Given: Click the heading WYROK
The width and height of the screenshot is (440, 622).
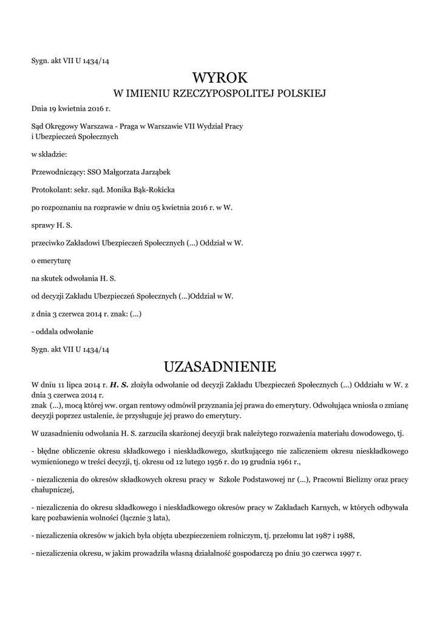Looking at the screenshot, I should click(x=220, y=78).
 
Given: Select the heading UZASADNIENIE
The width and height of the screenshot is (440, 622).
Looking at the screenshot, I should click(x=220, y=367).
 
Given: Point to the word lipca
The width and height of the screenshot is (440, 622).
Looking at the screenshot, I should click(x=73, y=384).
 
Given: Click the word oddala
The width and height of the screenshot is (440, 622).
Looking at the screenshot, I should click(x=47, y=331).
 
